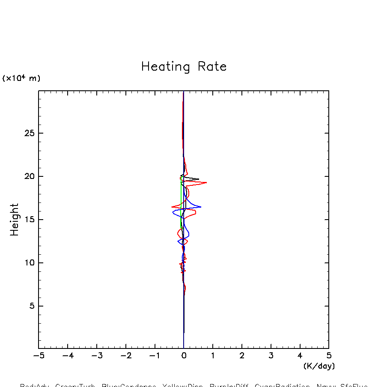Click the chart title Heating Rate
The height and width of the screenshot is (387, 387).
coord(184,67)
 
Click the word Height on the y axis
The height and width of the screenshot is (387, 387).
coord(15,220)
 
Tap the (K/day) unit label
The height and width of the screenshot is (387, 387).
coord(319,366)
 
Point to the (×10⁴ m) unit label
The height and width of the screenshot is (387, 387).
coord(21,78)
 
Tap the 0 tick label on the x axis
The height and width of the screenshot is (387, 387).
coord(184,355)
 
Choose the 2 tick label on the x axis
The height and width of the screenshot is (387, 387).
coord(242,355)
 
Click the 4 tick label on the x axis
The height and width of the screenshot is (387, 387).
coord(300,355)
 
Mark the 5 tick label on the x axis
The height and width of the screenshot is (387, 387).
coord(329,355)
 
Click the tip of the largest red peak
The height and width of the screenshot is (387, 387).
coord(207,182)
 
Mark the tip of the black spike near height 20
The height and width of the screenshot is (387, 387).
coord(199,179)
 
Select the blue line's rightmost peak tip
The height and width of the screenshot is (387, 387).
coord(201,207)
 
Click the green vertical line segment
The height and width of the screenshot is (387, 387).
coord(181,201)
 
